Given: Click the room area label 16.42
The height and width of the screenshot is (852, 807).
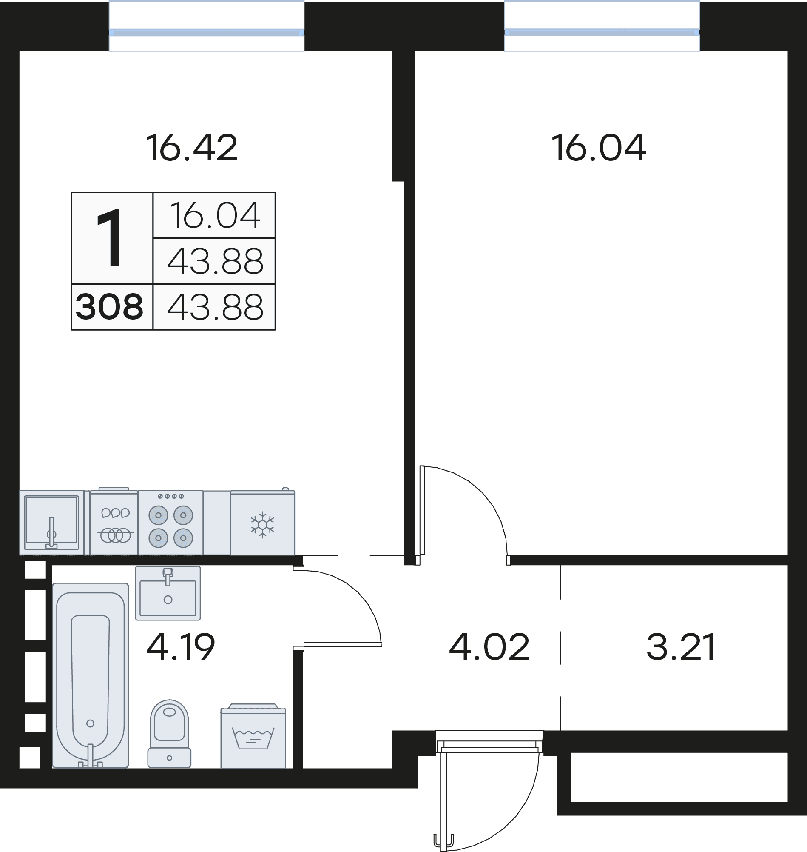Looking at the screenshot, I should [191, 148].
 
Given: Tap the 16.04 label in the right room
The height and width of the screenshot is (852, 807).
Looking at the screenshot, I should [598, 148].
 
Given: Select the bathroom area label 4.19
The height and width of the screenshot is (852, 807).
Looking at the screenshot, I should [180, 646].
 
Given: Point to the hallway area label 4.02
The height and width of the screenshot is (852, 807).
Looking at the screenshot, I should [489, 646].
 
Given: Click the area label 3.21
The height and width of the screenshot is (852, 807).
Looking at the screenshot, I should [681, 646].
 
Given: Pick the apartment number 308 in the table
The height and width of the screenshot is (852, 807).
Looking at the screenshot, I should [109, 307].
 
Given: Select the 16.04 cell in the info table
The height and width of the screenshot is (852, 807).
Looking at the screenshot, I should [215, 215].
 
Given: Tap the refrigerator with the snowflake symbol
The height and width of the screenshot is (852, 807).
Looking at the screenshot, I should [262, 523].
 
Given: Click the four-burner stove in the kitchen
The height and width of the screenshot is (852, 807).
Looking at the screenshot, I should [171, 523].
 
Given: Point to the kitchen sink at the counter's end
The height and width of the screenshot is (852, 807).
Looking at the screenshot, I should [51, 523].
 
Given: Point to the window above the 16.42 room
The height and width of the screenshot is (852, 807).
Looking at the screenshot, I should [207, 32].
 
